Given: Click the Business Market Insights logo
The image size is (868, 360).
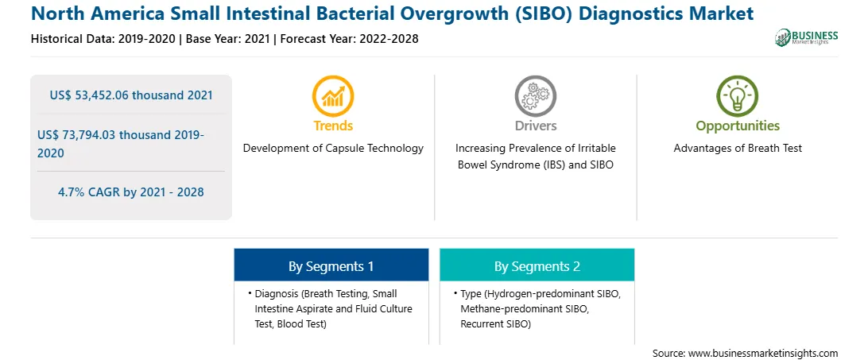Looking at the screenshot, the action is point(807,37).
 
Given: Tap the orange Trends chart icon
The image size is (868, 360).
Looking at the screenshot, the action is point(333,96).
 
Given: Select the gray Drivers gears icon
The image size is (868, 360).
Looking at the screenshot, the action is point(535,96).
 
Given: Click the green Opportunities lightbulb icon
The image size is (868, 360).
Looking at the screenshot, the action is point(738,96).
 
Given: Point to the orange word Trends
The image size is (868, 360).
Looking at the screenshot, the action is point(333,126).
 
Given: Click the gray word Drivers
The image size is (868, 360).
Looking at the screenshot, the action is point(535,126).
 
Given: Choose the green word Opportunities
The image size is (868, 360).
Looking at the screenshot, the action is point(738,126).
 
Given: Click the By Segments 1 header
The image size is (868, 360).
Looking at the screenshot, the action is point(331,266).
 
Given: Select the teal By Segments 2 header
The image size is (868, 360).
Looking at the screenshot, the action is point(537,266).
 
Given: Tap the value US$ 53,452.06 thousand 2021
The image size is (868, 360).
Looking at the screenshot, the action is point(131,95).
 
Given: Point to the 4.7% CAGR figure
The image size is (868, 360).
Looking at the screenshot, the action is point(131,192).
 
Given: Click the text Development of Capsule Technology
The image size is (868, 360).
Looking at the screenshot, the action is point(333,149).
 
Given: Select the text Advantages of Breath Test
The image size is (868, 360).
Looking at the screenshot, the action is point(738,149).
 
